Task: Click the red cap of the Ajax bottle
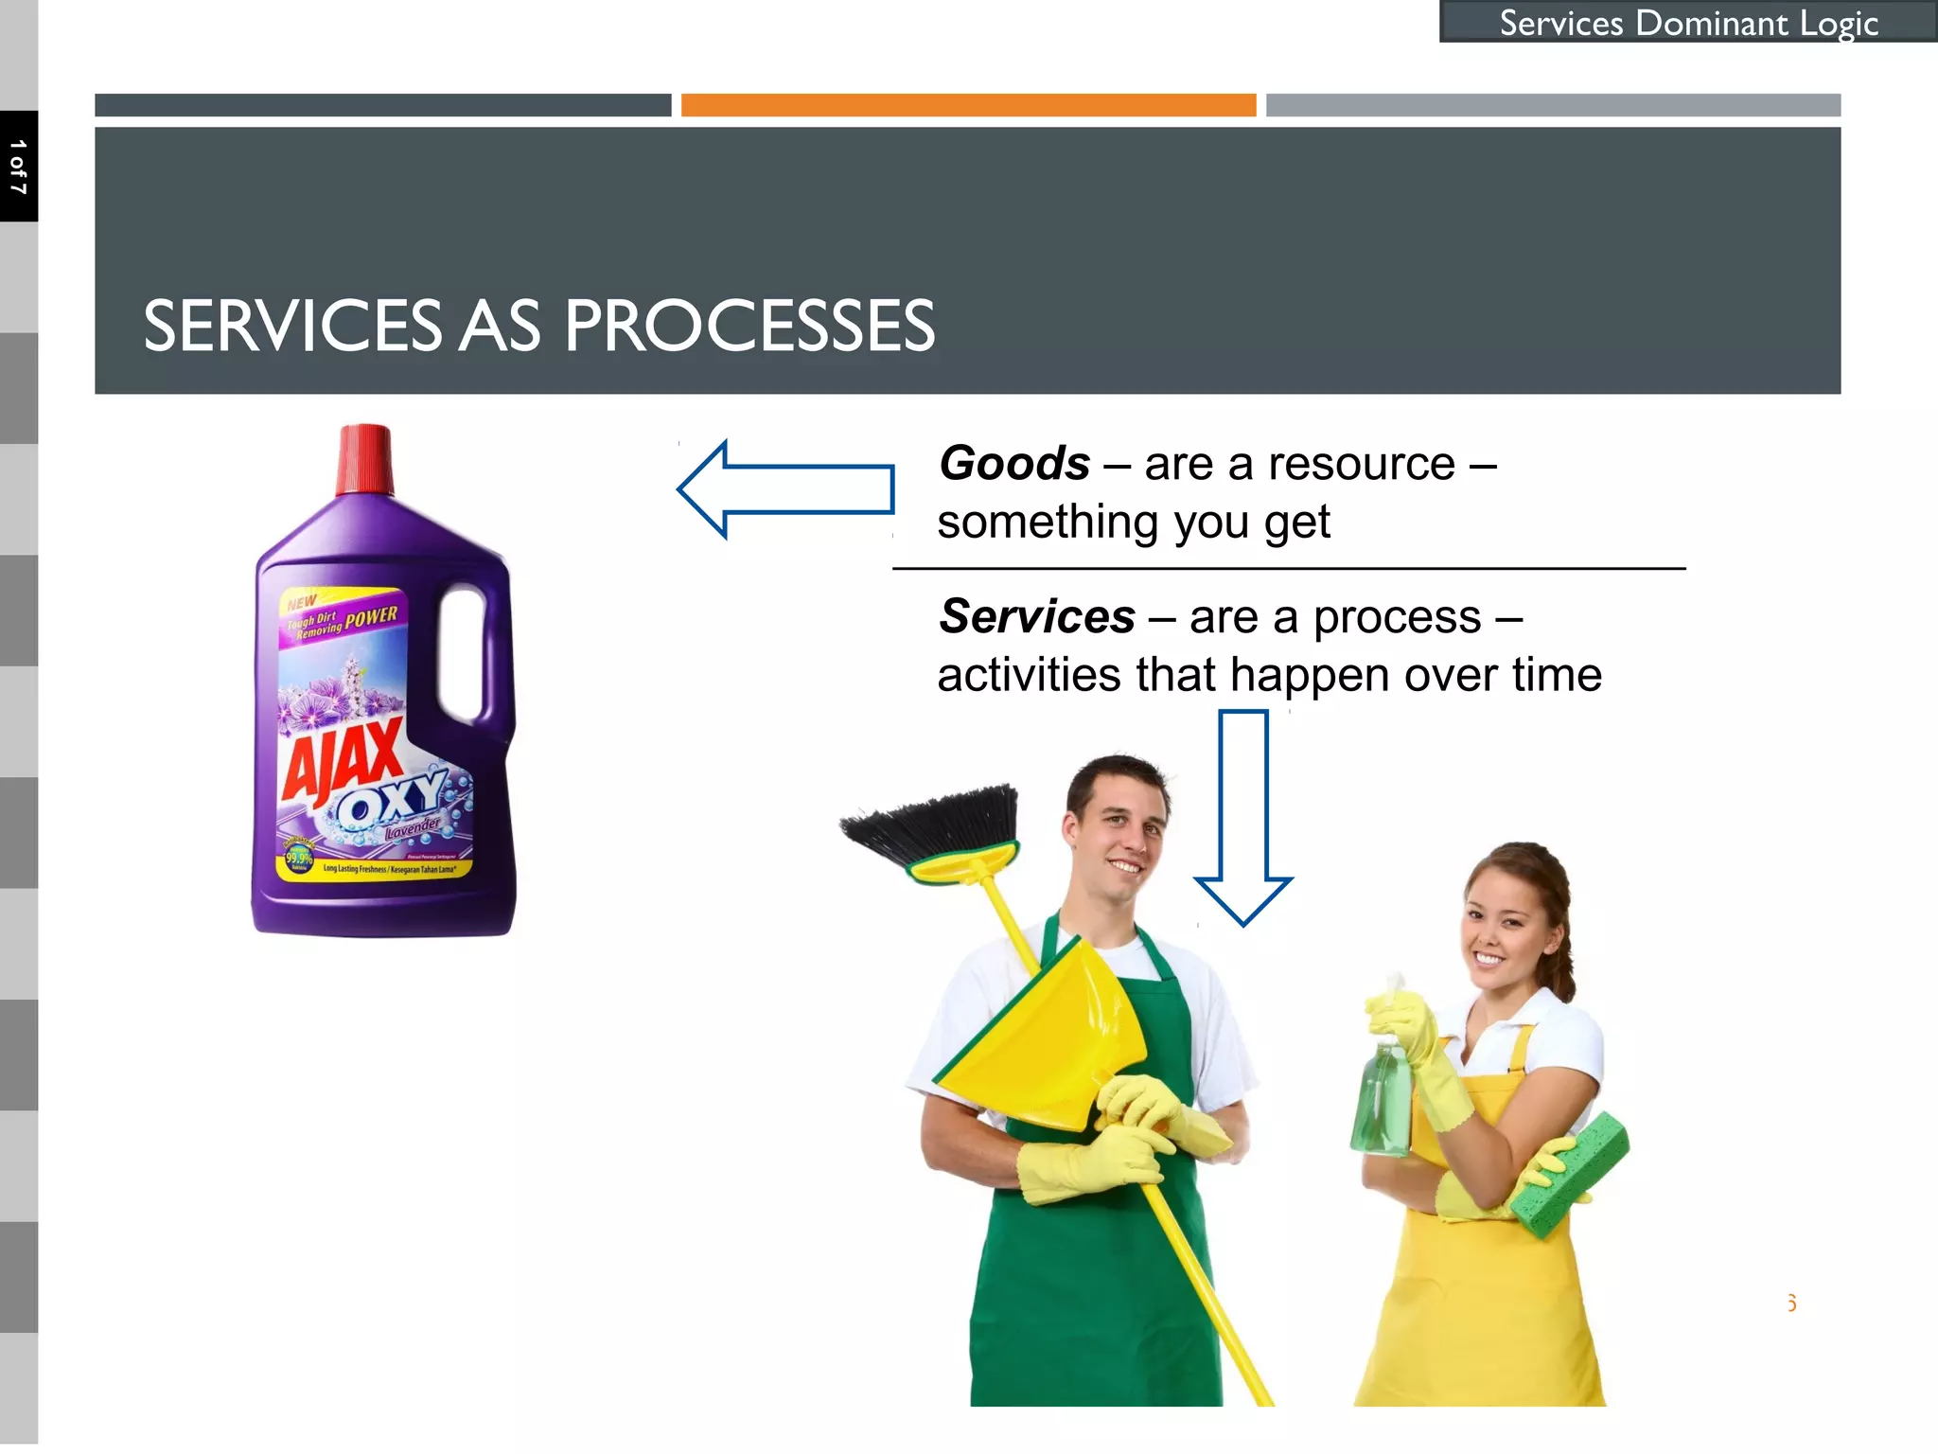(x=365, y=460)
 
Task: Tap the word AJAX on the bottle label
(x=342, y=757)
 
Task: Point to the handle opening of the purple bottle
(x=463, y=653)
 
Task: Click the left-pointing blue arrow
(x=785, y=489)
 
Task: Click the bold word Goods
(x=1014, y=464)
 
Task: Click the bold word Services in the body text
(x=1037, y=617)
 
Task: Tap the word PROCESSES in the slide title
(x=749, y=327)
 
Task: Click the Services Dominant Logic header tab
(x=1688, y=23)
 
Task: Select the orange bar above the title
(x=968, y=105)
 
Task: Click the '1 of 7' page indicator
(x=19, y=167)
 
